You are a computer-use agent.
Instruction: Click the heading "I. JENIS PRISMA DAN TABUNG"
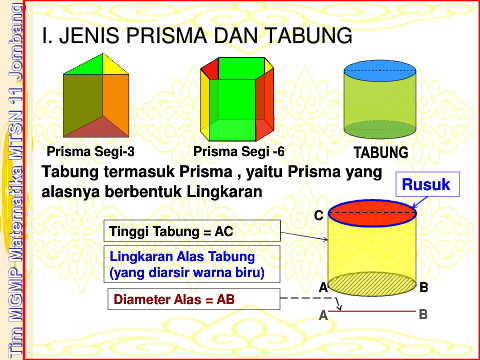pos(197,35)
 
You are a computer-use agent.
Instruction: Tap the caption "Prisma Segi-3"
pos(90,152)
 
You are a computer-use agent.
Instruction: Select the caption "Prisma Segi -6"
pos(239,152)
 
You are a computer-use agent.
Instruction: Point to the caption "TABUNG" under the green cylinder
pos(381,153)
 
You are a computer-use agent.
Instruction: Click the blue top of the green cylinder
pos(380,71)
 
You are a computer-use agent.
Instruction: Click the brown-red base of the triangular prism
pos(98,128)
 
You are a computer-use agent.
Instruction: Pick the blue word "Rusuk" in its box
pos(426,184)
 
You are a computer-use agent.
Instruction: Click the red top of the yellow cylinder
pos(372,213)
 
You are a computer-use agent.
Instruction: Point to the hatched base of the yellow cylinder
pos(372,284)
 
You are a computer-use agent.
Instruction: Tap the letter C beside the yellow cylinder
pos(319,216)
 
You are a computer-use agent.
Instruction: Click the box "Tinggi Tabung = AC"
pos(192,231)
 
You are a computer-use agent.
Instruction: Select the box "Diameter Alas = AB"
pos(194,299)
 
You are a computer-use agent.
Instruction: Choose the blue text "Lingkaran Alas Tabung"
pos(182,257)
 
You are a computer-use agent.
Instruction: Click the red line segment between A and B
pos(377,312)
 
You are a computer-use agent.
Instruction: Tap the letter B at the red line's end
pos(423,314)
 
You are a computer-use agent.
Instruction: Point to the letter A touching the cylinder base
pos(323,287)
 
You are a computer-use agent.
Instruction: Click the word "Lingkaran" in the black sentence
pos(224,192)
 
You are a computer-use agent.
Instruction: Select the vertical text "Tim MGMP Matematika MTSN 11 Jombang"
pos(15,180)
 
